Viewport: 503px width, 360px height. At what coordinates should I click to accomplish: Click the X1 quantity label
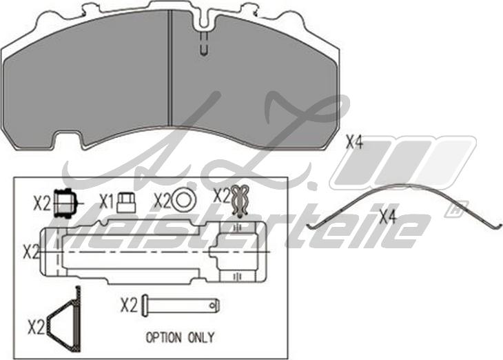tap(106, 201)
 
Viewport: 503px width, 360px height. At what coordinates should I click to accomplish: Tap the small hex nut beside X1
tap(125, 201)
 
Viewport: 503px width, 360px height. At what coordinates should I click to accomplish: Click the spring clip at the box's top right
tap(240, 200)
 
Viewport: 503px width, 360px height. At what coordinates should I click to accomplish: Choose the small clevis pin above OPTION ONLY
tap(182, 303)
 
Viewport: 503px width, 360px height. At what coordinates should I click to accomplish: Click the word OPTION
tap(163, 338)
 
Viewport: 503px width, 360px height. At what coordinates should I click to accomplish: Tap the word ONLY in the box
tap(201, 338)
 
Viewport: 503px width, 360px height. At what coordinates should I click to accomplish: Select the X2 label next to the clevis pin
tap(129, 304)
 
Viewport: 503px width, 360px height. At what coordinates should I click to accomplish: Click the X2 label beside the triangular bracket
tap(36, 325)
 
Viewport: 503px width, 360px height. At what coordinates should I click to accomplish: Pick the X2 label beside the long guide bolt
tap(31, 252)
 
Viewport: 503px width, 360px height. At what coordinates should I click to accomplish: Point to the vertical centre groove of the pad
tap(170, 69)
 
